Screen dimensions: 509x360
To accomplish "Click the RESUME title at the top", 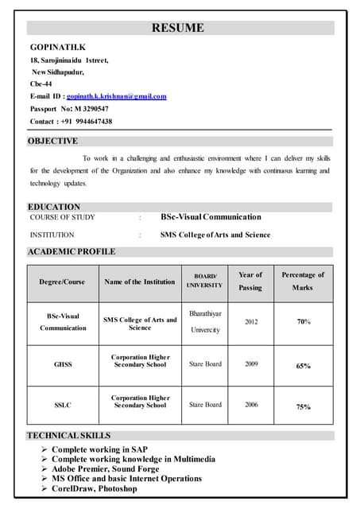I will tap(178, 29).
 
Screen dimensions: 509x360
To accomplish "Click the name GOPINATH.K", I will tap(57, 48).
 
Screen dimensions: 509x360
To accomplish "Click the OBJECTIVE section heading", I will tap(53, 141).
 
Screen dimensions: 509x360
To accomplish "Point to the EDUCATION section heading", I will tap(54, 207).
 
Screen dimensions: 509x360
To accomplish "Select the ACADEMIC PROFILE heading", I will tap(72, 251).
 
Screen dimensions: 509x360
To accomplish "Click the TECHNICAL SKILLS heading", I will tap(69, 436).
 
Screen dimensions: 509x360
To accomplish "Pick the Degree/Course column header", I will tap(62, 282).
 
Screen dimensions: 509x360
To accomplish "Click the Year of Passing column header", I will tap(250, 281).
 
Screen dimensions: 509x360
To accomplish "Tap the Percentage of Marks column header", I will tap(303, 281).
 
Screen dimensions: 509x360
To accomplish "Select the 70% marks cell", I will tap(304, 322).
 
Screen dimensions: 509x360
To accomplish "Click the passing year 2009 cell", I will tap(251, 364).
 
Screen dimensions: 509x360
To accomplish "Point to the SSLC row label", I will tap(63, 405).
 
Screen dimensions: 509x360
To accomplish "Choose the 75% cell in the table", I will tap(304, 406).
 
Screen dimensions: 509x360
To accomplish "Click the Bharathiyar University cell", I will tap(205, 321).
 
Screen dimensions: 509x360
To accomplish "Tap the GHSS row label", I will tap(63, 364).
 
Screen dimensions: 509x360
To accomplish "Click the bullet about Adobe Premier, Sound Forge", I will tap(105, 469).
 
